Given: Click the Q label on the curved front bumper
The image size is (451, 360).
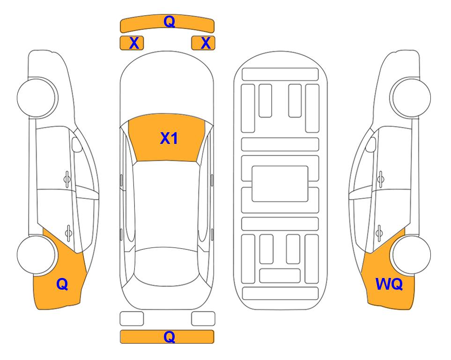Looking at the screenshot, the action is [169, 22].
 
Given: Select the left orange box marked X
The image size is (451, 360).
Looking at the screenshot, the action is [132, 43].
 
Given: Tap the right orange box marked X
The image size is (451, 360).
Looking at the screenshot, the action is [203, 43].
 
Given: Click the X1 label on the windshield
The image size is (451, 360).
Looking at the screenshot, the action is [169, 138].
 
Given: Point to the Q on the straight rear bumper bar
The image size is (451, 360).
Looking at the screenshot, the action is [169, 337].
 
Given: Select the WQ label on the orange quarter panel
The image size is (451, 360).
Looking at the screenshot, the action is [389, 284].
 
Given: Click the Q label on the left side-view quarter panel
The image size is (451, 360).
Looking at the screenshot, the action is [62, 284].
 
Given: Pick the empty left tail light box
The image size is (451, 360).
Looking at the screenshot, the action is [132, 319].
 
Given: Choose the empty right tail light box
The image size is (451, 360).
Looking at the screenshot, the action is [203, 319].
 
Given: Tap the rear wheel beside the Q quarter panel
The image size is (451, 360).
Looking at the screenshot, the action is [36, 255].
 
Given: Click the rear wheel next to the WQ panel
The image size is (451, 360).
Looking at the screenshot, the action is [412, 255].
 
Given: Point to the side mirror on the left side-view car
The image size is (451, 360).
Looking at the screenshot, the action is [77, 144].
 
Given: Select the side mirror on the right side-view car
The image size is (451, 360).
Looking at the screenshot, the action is [371, 144].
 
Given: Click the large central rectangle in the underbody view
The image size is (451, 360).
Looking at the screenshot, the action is [280, 184].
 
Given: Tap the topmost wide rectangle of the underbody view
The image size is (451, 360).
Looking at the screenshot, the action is [280, 75].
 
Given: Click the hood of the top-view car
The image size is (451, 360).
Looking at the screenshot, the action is [167, 86].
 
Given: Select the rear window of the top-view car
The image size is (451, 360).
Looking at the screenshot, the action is [167, 266].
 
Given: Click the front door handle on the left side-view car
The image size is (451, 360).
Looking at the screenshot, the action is [67, 179].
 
